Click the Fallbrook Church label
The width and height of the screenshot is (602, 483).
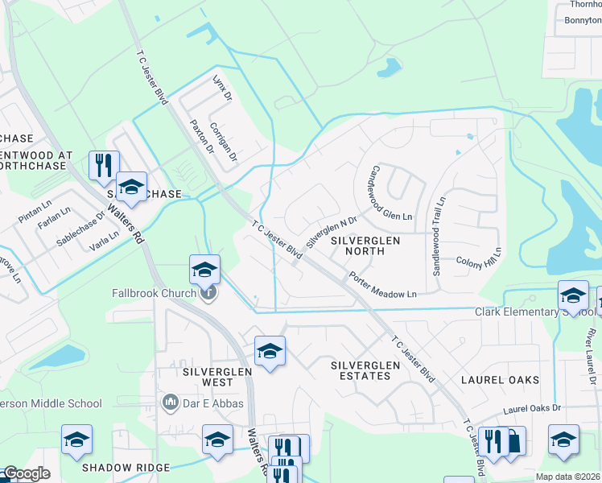click(x=153, y=293)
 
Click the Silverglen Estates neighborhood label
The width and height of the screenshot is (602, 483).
click(x=365, y=370)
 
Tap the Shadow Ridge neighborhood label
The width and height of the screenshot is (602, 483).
click(x=126, y=468)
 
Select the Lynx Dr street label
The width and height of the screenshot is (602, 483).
click(x=221, y=88)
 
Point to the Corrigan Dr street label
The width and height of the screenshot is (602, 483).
click(x=223, y=142)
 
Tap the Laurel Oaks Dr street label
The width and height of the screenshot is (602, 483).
click(x=531, y=410)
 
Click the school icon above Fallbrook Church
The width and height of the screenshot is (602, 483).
click(x=204, y=270)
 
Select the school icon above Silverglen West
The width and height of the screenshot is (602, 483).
click(x=270, y=351)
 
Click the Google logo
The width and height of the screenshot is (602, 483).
click(x=27, y=474)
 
